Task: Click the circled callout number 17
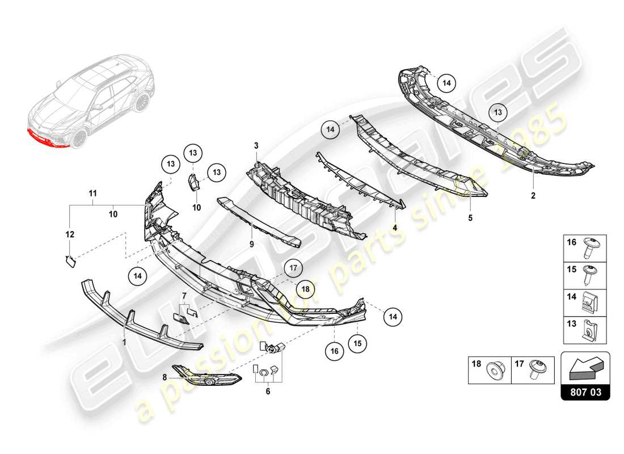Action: coord(294,267)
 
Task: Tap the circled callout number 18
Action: coord(305,289)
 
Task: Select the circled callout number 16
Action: coord(334,352)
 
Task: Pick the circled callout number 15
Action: coord(358,343)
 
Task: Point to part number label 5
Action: coord(470,217)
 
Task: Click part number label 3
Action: coord(256,146)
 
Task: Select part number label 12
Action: coord(70,233)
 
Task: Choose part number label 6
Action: coord(268,391)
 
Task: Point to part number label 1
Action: coord(124,342)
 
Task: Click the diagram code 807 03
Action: coord(585,391)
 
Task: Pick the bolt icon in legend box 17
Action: coord(536,369)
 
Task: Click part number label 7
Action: coord(184,295)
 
